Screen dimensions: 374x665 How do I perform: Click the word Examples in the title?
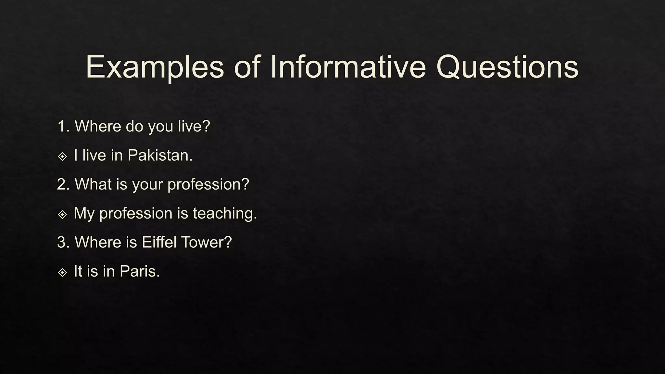pyautogui.click(x=155, y=67)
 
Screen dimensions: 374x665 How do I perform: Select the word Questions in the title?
pyautogui.click(x=507, y=67)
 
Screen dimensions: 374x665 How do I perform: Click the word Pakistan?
pyautogui.click(x=160, y=155)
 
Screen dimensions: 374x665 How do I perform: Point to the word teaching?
pyautogui.click(x=225, y=214)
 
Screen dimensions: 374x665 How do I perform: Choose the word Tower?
pyautogui.click(x=206, y=242)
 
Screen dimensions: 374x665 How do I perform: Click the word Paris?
pyautogui.click(x=140, y=271)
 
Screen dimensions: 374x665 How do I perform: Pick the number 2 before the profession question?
pyautogui.click(x=62, y=184)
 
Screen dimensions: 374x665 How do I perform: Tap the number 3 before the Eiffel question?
pyautogui.click(x=62, y=242)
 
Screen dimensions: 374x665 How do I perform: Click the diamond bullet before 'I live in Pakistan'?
pyautogui.click(x=62, y=156)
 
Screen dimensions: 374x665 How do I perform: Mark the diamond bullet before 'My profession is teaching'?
pyautogui.click(x=62, y=214)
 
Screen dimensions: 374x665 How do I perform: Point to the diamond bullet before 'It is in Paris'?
pyautogui.click(x=62, y=272)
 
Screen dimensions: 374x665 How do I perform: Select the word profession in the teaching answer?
pyautogui.click(x=135, y=214)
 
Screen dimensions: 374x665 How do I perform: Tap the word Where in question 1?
pyautogui.click(x=98, y=126)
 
